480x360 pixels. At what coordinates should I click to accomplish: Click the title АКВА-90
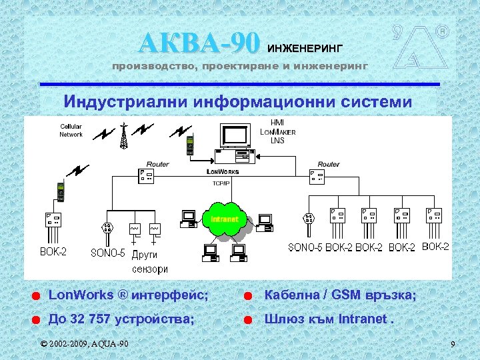[x=199, y=43]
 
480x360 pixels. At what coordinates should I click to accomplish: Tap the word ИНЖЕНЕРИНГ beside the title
[x=305, y=48]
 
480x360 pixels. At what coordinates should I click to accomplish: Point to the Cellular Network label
[x=71, y=130]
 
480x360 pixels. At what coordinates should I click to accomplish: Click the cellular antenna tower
[x=123, y=137]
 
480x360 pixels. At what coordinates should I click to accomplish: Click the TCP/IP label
[x=221, y=182]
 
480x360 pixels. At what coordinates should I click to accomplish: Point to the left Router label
[x=157, y=164]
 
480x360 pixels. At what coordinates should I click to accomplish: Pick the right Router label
[x=328, y=164]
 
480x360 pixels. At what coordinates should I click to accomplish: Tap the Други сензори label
[x=148, y=261]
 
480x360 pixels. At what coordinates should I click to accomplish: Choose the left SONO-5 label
[x=108, y=253]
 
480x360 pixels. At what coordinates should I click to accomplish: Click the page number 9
[x=453, y=344]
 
